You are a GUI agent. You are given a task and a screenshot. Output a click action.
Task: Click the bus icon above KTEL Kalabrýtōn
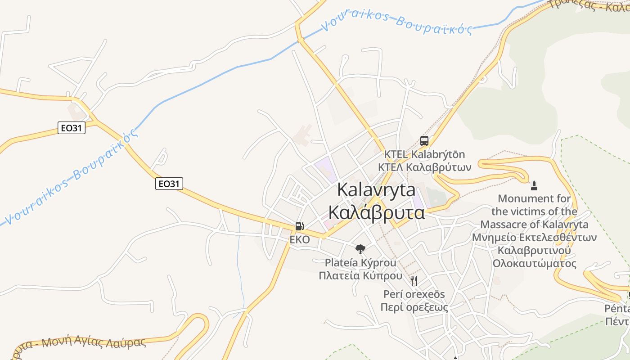tap(424, 141)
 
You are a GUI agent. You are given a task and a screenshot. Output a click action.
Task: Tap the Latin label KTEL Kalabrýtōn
tap(424, 154)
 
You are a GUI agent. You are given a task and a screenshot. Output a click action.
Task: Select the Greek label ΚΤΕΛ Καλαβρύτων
tap(424, 167)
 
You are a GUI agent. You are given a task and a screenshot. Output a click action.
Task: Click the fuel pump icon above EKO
tap(299, 226)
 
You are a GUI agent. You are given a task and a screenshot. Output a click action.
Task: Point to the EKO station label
tap(299, 240)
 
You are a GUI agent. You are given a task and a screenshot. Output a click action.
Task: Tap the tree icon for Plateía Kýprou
tap(360, 249)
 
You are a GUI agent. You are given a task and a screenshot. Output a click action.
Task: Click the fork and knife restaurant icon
tap(414, 281)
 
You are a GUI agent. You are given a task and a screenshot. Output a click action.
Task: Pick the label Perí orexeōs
tap(414, 294)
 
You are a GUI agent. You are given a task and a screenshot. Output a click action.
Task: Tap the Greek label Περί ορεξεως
tap(414, 307)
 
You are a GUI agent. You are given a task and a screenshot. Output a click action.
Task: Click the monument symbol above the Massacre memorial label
tap(534, 185)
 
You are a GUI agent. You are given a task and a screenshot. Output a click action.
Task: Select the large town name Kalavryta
tap(376, 190)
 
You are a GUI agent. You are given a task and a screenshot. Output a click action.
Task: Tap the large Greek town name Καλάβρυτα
tap(376, 212)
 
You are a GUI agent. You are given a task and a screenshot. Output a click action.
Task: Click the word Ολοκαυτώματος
tap(534, 263)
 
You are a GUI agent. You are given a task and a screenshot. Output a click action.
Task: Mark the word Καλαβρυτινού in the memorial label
tap(534, 250)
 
